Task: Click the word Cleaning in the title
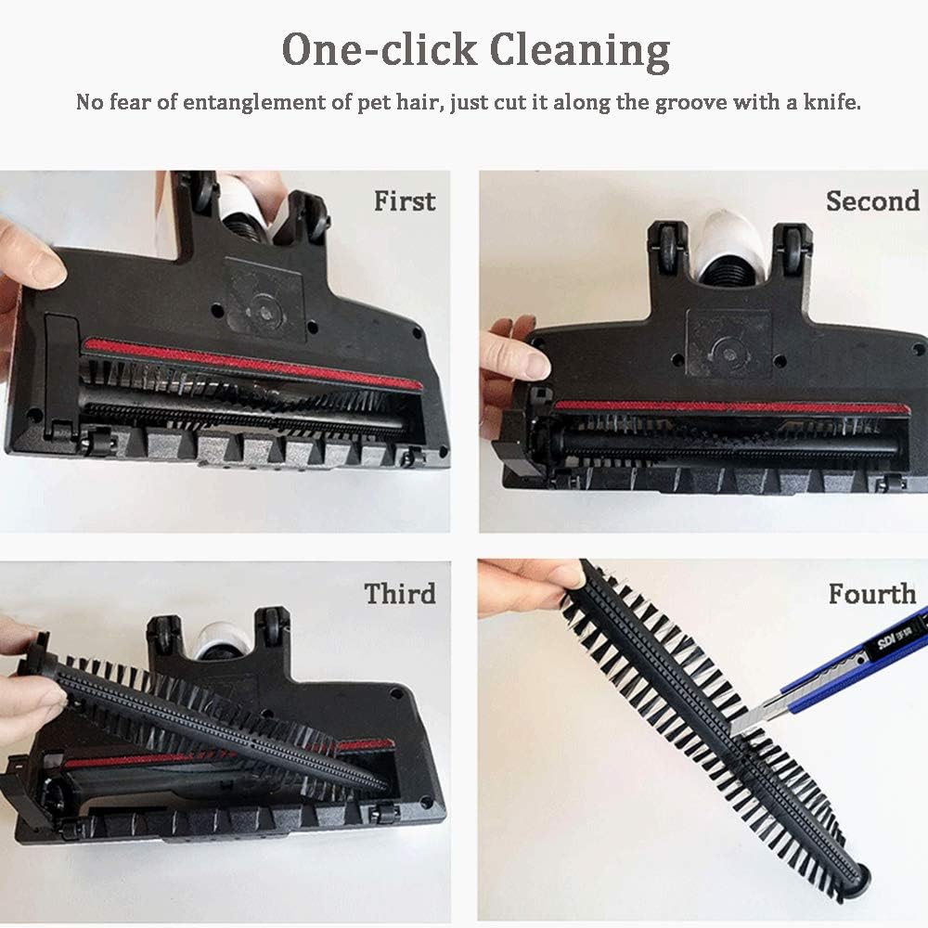[x=579, y=50]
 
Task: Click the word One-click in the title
[x=379, y=50]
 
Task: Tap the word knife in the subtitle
[x=829, y=102]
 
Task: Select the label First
[x=405, y=200]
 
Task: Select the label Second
[x=872, y=200]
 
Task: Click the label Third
[x=400, y=593]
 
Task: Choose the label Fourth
[x=872, y=593]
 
